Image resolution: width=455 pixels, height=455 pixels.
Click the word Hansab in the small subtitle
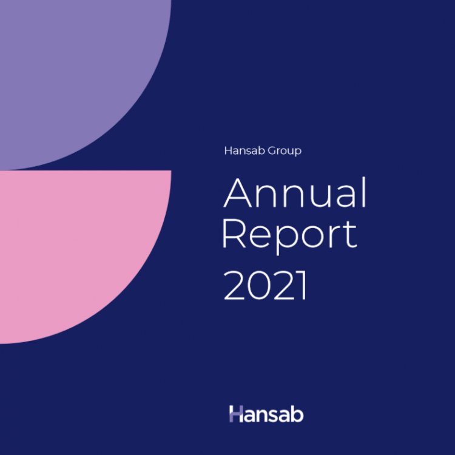tap(244, 150)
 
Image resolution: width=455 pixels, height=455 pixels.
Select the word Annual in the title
tap(295, 192)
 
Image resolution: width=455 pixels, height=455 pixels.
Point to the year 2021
tap(265, 285)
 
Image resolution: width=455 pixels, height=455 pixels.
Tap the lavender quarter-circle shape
tap(81, 78)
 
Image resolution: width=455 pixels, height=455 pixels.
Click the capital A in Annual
tap(237, 193)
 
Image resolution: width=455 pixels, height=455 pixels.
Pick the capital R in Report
tap(234, 234)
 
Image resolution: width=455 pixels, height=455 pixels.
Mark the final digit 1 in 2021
tap(302, 285)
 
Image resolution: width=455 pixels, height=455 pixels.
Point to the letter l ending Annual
tap(365, 192)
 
